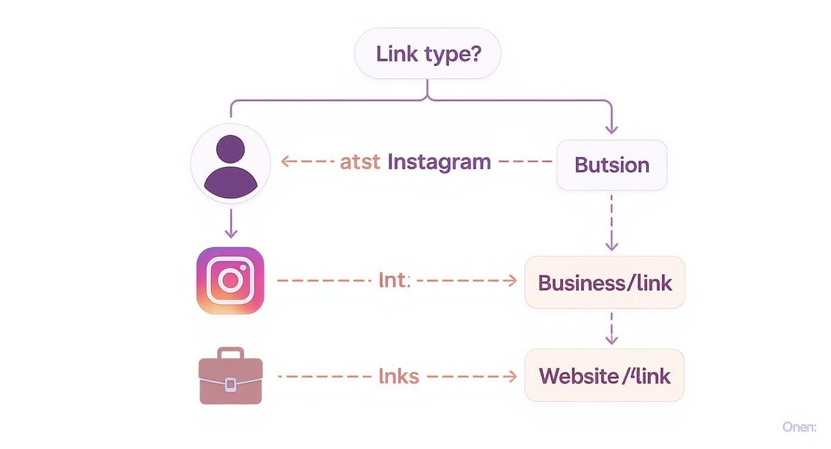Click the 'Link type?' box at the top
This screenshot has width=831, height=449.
(x=427, y=54)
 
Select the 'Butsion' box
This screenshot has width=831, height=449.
(x=611, y=165)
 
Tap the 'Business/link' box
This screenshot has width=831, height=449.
(x=605, y=282)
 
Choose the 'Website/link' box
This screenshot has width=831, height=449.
(x=604, y=376)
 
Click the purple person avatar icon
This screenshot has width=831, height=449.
(x=230, y=164)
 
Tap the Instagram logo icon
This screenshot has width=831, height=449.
(x=230, y=280)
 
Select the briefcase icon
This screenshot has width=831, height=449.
(x=230, y=376)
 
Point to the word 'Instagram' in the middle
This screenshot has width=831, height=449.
(x=439, y=161)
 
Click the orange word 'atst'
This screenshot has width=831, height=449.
(x=359, y=161)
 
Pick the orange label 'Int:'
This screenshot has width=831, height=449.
(x=395, y=280)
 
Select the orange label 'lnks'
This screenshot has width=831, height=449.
(x=399, y=376)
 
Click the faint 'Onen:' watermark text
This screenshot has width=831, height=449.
(x=799, y=427)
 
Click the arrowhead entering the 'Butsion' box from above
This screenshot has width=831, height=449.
(x=611, y=129)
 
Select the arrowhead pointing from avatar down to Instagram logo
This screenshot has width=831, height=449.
(x=231, y=233)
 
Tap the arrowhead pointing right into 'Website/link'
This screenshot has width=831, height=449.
(x=512, y=376)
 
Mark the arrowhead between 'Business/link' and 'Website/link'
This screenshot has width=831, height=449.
(x=611, y=339)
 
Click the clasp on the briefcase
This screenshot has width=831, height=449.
(x=230, y=384)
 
